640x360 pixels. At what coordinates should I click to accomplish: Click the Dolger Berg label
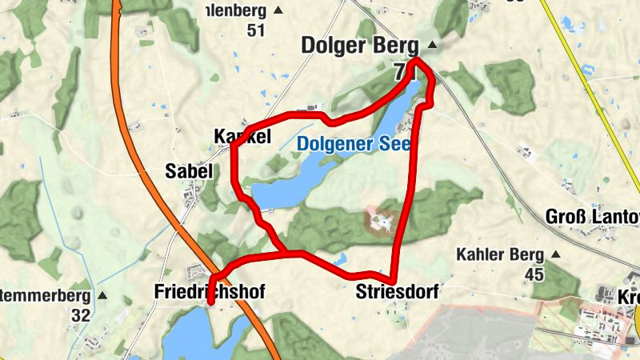click(x=361, y=46)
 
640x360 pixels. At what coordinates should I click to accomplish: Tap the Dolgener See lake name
click(x=353, y=145)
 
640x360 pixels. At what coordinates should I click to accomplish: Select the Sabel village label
click(x=189, y=170)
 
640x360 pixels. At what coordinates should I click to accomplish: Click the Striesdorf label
click(x=397, y=293)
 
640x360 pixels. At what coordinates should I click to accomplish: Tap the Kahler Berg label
click(x=499, y=255)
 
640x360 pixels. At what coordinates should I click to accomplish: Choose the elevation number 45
click(x=534, y=275)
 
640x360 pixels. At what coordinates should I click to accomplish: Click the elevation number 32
click(x=81, y=315)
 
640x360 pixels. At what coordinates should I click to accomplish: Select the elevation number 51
click(x=256, y=30)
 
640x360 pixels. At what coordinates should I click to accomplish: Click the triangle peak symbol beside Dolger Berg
click(x=433, y=45)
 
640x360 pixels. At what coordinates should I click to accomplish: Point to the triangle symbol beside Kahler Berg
click(x=556, y=255)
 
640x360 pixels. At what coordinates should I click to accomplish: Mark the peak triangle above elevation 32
click(x=102, y=295)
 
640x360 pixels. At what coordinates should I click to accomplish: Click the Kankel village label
click(x=242, y=137)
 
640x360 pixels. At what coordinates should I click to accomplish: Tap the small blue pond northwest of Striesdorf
click(x=340, y=259)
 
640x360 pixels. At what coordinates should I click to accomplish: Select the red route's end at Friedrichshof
click(x=210, y=303)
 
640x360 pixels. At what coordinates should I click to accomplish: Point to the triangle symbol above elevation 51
click(x=278, y=10)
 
